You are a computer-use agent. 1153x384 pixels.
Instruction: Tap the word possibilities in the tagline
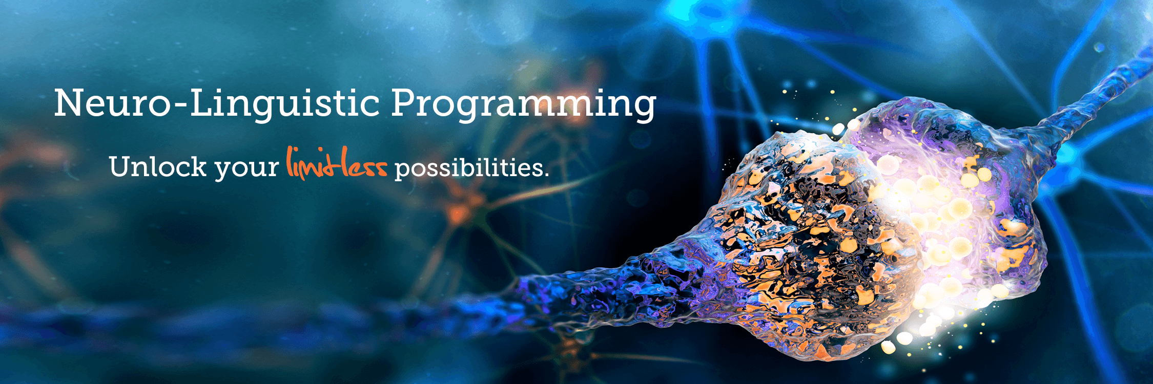468,168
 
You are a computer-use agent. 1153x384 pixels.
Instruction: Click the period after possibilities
546,175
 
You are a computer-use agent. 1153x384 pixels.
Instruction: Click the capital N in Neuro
70,103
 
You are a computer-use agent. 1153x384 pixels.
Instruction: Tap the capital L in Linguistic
202,103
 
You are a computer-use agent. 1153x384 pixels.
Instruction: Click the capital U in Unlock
121,167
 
